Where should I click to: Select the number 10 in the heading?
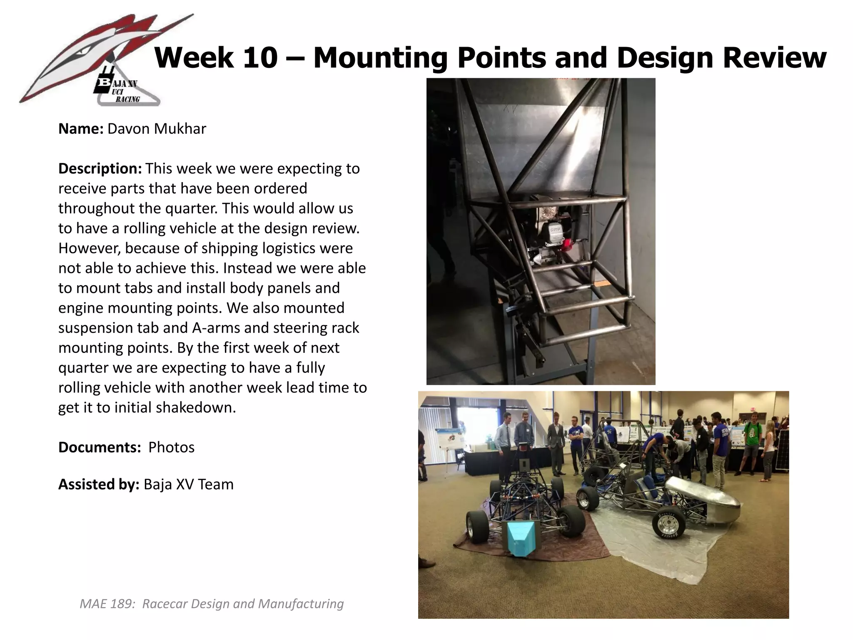[x=260, y=57]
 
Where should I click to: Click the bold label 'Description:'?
[x=100, y=168]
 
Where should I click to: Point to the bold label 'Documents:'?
[x=100, y=447]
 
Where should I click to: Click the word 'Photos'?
[x=171, y=447]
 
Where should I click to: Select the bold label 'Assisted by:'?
[x=99, y=484]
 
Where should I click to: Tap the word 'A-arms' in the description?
[x=216, y=327]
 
